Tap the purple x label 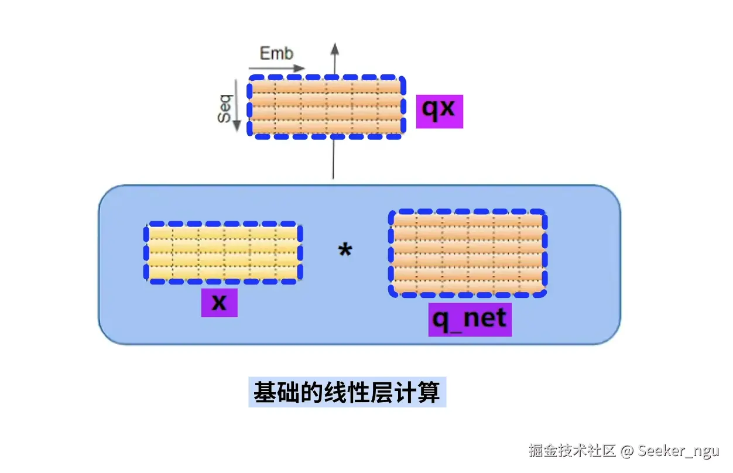pyautogui.click(x=219, y=302)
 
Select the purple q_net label pyautogui.click(x=470, y=320)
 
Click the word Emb pyautogui.click(x=276, y=54)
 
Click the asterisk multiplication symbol pyautogui.click(x=345, y=251)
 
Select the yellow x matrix pyautogui.click(x=223, y=253)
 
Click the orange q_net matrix pyautogui.click(x=467, y=253)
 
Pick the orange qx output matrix pyautogui.click(x=326, y=107)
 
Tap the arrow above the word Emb pyautogui.click(x=282, y=68)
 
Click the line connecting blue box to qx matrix pyautogui.click(x=333, y=159)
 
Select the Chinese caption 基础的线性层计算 pyautogui.click(x=347, y=392)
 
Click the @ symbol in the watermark pyautogui.click(x=627, y=451)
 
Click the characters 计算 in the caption pyautogui.click(x=422, y=392)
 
